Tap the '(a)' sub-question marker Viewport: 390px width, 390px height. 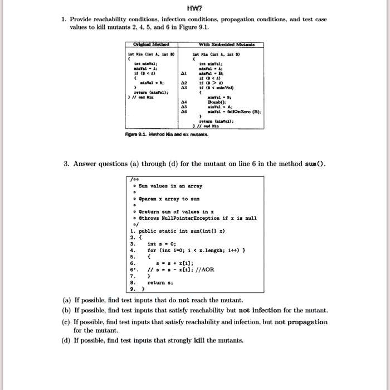coord(66,300)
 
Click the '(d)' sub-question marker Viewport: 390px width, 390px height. coord(66,340)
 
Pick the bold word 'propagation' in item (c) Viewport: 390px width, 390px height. coord(306,321)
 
